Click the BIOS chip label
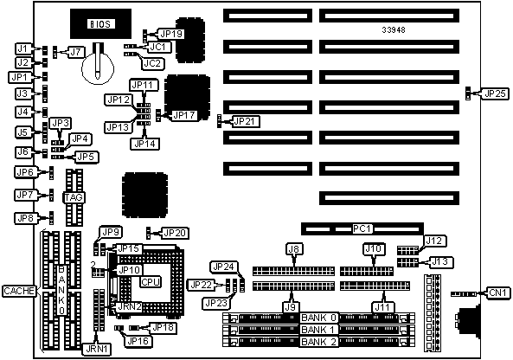pos(100,24)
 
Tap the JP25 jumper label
pos(496,93)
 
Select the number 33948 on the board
pos(394,29)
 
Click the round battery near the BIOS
pos(98,68)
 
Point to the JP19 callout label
pos(172,34)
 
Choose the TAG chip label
pos(74,197)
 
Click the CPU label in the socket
pos(151,282)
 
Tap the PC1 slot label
pos(362,228)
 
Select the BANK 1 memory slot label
pos(318,330)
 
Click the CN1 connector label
pos(498,292)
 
